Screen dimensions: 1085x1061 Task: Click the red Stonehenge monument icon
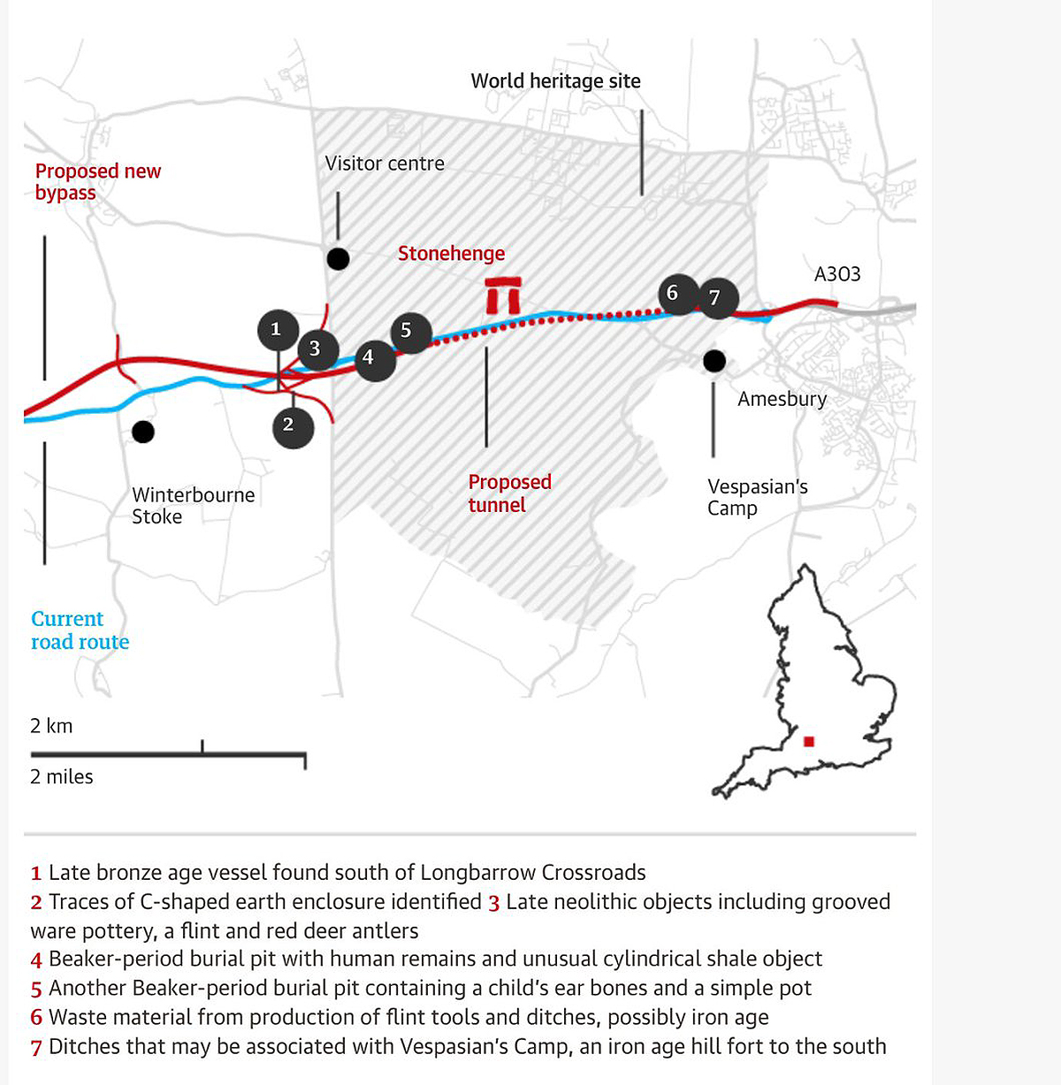tap(504, 295)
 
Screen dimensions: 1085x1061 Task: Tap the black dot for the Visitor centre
tap(338, 259)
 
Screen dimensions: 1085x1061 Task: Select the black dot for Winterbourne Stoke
tap(143, 432)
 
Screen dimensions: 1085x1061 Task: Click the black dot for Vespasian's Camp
tap(714, 361)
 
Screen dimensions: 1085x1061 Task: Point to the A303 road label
tap(836, 274)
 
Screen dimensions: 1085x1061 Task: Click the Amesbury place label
tap(782, 399)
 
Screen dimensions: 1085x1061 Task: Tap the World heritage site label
tap(555, 81)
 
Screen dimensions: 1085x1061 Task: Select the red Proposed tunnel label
tap(509, 493)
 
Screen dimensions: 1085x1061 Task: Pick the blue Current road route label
tap(80, 630)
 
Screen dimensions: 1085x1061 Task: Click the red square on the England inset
tap(808, 742)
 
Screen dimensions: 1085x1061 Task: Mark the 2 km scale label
tap(51, 726)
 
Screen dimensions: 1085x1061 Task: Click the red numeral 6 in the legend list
tap(36, 1018)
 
